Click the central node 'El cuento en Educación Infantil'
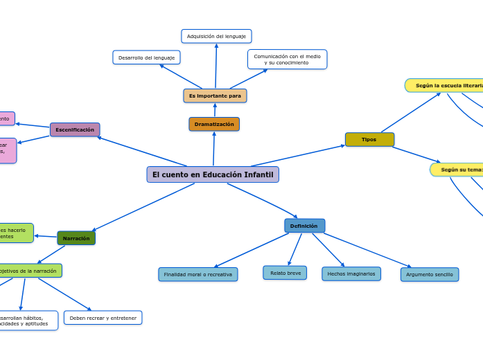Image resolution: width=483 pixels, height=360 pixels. click(213, 174)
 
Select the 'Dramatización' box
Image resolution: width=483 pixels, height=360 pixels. click(214, 124)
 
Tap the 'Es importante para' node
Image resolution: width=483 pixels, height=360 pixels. click(215, 96)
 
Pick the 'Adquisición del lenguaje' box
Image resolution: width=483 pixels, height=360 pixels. click(216, 36)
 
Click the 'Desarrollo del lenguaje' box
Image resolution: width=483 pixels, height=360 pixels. click(146, 57)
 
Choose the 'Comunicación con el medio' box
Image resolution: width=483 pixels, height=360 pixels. click(287, 60)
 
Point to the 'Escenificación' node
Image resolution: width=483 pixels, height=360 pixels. click(75, 129)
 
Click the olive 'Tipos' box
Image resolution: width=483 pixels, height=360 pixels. click(369, 139)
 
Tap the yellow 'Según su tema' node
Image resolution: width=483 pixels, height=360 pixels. click(457, 170)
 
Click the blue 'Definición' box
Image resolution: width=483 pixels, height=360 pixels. click(304, 226)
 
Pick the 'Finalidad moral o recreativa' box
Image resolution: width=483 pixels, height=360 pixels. click(197, 274)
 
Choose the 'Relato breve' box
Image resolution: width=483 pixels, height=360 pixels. click(285, 273)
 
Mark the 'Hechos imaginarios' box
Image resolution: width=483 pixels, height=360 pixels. click(351, 273)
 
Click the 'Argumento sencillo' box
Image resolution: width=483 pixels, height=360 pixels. click(430, 274)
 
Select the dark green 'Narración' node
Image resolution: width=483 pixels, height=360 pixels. click(76, 238)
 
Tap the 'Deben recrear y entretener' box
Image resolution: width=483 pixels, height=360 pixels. click(103, 318)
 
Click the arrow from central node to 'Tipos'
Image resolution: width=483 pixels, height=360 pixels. click(298, 156)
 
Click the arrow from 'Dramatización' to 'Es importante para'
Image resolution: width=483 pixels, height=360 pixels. click(214, 110)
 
